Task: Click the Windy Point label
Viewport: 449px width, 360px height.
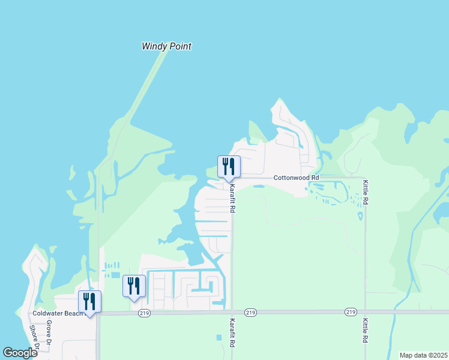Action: (166, 46)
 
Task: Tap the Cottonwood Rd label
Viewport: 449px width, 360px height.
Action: (296, 178)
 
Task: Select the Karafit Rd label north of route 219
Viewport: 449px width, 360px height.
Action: (232, 199)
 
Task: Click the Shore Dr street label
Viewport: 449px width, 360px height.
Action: (34, 340)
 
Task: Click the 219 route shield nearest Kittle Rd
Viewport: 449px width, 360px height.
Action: (351, 312)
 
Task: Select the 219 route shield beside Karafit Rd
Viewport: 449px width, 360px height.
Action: (251, 312)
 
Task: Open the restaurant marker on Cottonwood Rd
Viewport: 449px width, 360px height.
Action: (229, 166)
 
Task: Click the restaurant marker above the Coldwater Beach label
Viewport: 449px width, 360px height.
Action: (89, 301)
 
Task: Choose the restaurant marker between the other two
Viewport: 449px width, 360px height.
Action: (134, 286)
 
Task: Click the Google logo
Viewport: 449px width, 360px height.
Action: (20, 352)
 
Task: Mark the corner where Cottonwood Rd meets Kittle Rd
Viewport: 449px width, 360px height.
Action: (365, 178)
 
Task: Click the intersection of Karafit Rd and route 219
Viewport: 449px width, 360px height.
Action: (232, 312)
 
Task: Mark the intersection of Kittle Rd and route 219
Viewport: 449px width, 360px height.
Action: (365, 312)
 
